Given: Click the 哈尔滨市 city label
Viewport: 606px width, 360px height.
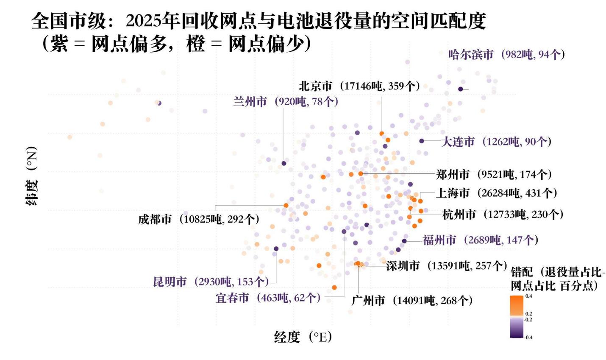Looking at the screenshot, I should [506, 54].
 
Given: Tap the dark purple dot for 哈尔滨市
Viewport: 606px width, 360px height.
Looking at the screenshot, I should [461, 89].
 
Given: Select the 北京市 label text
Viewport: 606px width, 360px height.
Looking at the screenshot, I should [359, 86].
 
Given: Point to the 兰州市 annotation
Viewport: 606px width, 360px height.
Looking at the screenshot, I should [286, 102].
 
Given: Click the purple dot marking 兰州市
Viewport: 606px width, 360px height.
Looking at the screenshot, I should [284, 163].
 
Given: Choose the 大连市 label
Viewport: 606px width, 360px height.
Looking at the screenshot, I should [496, 142].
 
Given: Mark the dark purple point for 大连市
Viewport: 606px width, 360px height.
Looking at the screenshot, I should [422, 141].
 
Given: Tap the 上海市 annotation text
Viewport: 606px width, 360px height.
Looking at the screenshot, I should [496, 193].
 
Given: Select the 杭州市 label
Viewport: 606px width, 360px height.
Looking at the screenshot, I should [503, 214].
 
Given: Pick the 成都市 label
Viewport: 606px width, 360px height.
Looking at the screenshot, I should [198, 219].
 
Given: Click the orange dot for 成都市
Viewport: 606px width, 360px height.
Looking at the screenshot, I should [286, 205].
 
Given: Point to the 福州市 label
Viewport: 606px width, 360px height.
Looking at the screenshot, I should [481, 240].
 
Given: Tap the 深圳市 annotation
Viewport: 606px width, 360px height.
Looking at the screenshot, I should [446, 266].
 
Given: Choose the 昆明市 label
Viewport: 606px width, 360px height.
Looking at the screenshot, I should [211, 282].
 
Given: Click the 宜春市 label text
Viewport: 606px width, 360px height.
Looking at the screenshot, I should [268, 298].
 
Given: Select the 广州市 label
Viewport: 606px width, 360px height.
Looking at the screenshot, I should [412, 301].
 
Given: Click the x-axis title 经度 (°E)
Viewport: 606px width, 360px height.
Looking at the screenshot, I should [303, 337].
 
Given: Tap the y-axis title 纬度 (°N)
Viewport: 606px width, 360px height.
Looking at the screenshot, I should [32, 176].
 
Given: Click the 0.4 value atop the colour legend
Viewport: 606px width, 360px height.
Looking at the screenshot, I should [528, 296].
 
